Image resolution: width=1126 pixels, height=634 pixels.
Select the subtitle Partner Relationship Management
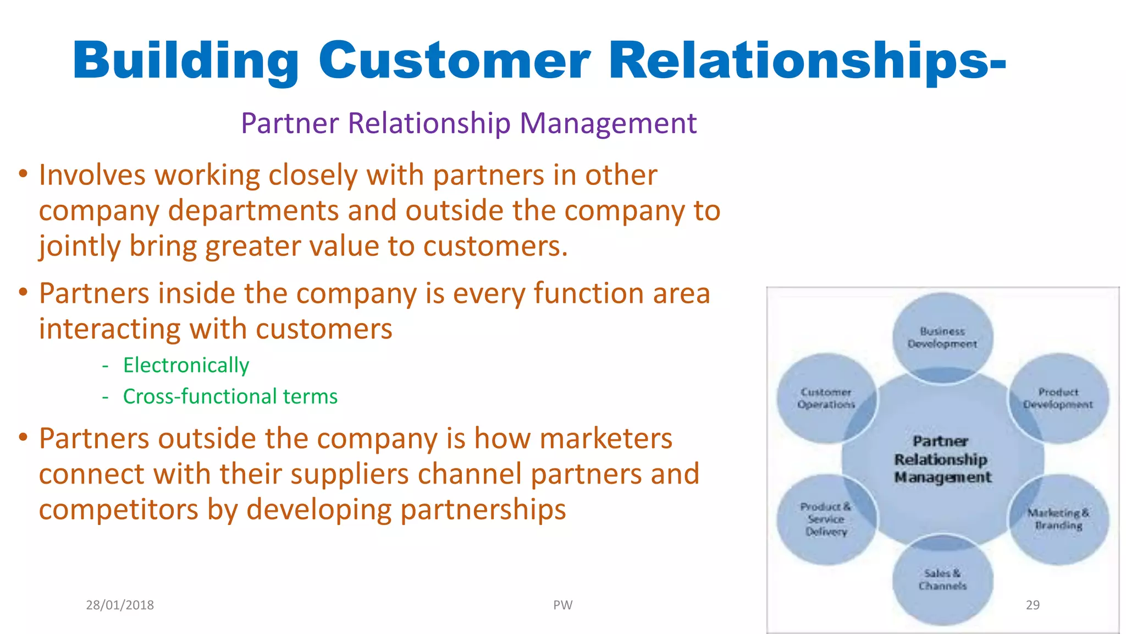(x=468, y=123)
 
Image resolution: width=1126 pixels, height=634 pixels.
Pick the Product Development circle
(x=1058, y=398)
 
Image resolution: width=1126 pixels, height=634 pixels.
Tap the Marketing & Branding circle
(x=1058, y=519)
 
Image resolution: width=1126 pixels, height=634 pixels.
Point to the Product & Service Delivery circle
(x=826, y=519)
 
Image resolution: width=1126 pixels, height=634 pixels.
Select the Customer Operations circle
(x=826, y=398)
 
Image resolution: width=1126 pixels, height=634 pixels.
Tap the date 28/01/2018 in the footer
(x=120, y=605)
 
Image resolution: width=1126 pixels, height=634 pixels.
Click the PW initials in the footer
(x=562, y=605)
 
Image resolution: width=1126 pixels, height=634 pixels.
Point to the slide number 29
(x=1033, y=605)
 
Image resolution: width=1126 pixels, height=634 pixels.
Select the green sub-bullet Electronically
(x=186, y=365)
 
